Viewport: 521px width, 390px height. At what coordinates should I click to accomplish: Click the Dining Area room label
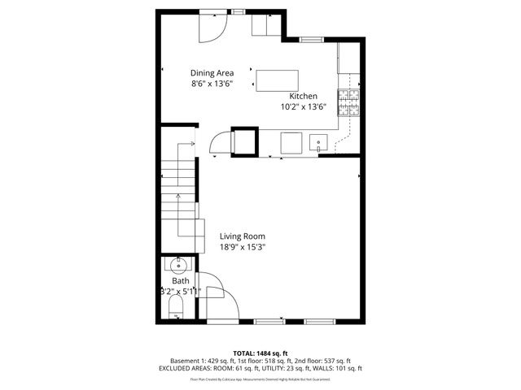212,72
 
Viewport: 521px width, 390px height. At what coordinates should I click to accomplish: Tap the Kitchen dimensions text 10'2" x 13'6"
303,106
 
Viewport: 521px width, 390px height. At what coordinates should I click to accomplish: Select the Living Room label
243,236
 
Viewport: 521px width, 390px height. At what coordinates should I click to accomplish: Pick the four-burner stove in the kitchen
350,102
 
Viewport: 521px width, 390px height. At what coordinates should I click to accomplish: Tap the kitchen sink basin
320,144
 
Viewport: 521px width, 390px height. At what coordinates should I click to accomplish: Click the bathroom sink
178,264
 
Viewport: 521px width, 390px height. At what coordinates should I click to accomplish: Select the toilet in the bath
175,308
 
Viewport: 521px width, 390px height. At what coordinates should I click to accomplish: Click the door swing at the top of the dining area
212,28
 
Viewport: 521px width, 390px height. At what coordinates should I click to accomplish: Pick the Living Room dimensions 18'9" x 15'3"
243,247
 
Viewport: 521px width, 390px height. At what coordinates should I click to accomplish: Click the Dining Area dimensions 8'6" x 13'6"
212,84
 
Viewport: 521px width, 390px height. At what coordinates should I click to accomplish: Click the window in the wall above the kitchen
313,39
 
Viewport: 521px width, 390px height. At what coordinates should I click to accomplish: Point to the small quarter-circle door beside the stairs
221,144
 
